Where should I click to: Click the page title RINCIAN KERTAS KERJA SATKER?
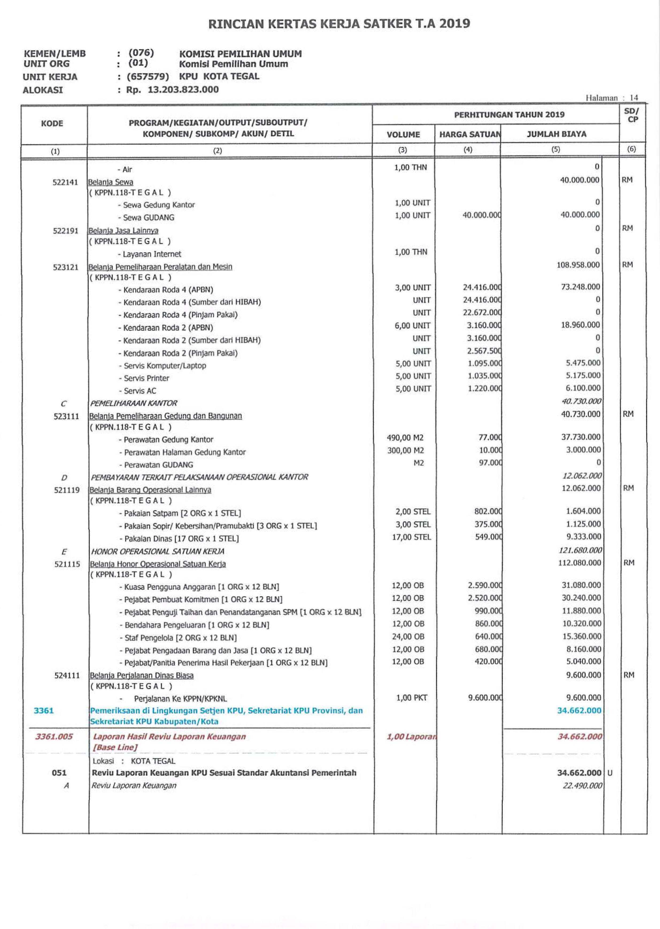coord(339,24)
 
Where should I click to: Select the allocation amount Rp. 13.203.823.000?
coord(172,89)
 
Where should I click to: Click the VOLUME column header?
coord(403,134)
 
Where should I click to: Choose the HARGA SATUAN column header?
coord(469,134)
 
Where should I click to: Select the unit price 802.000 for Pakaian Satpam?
coord(488,512)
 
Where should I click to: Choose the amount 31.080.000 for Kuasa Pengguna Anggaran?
coord(581,585)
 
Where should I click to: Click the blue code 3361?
coord(44,711)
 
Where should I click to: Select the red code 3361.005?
coord(54,736)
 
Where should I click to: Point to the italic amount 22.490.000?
coord(582,786)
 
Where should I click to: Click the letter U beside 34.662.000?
coord(609,773)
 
